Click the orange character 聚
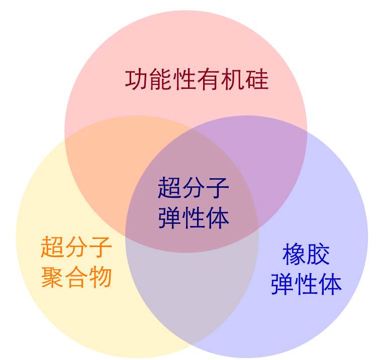(53, 277)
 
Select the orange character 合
(76, 277)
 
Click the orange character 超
(53, 247)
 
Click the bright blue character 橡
(294, 254)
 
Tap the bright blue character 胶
(318, 254)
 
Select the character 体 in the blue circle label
(330, 284)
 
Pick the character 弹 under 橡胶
(282, 284)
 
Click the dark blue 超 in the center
(169, 188)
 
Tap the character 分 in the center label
(193, 188)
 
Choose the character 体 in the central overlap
(217, 218)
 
